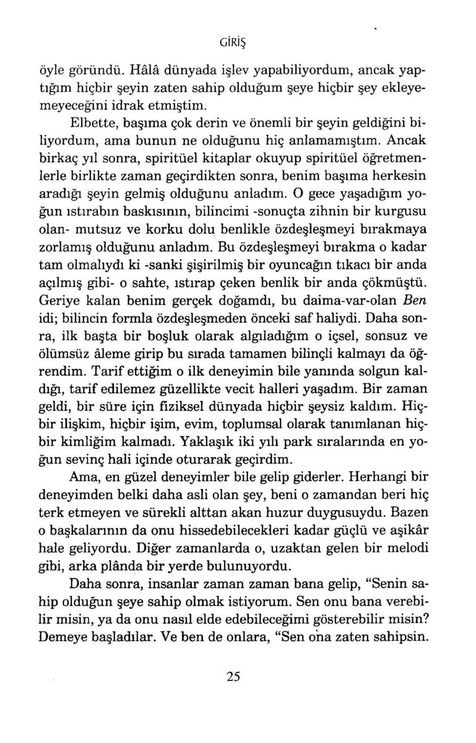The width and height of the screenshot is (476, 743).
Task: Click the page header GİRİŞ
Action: coord(238,42)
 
